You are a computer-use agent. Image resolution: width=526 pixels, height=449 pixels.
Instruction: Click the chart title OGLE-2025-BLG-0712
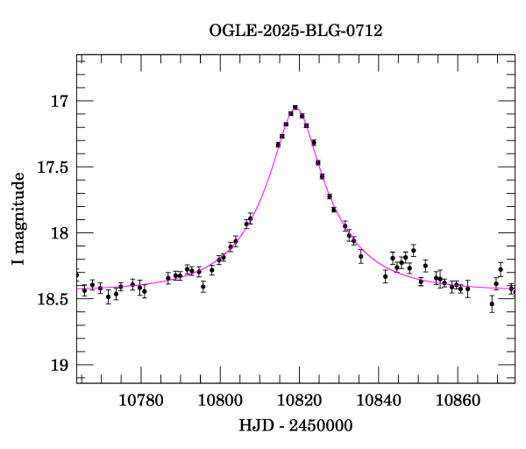[295, 31]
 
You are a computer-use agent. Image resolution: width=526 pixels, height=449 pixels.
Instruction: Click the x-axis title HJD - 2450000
[296, 425]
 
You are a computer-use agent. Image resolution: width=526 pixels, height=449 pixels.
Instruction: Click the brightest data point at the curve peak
[295, 108]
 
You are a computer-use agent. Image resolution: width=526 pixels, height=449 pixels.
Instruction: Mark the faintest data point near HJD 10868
[492, 303]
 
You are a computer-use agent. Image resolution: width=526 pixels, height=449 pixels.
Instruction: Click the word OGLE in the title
[231, 31]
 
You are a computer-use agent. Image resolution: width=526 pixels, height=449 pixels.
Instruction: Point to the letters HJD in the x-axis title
[254, 425]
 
